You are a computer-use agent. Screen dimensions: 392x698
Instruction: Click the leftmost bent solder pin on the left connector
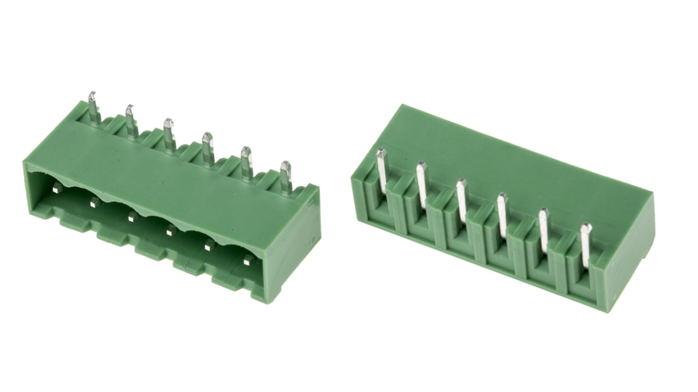point(92,106)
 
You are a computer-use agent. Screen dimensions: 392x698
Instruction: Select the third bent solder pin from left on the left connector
point(169,133)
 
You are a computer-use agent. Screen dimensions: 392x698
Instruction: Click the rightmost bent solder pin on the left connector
point(286,175)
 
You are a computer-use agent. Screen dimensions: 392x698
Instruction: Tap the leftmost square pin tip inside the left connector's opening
point(58,187)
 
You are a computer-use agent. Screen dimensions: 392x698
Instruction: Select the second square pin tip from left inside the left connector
point(94,201)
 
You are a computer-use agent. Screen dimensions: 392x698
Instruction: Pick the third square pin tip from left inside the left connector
point(132,216)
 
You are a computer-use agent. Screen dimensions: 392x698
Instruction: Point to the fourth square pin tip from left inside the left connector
point(171,229)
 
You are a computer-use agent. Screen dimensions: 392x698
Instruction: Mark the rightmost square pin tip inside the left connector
point(249,259)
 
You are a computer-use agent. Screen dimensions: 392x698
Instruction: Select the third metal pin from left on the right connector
point(461,199)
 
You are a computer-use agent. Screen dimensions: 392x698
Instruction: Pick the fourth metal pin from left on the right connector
point(502,214)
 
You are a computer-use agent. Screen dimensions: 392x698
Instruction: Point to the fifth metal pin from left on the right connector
point(543,229)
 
